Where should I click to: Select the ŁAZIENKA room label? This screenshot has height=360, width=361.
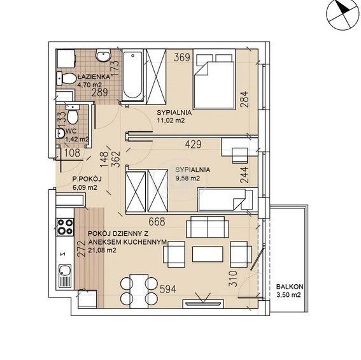tap(94, 76)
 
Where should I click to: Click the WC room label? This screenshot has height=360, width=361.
tap(71, 131)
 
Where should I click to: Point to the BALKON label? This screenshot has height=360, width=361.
tap(290, 287)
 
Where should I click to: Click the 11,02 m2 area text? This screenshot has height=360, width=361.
tap(171, 120)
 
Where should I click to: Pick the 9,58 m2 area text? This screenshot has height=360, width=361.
tap(188, 178)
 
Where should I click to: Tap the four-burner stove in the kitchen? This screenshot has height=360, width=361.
tap(66, 227)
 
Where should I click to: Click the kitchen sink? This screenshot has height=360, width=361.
tap(65, 277)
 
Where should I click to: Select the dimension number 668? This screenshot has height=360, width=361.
tap(157, 222)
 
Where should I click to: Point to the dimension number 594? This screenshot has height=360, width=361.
tap(168, 289)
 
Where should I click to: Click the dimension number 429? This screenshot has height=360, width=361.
tap(193, 144)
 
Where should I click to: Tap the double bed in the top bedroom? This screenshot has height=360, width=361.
tap(214, 79)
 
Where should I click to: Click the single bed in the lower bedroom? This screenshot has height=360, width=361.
tap(228, 199)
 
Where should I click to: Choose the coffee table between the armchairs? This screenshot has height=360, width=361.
tap(208, 254)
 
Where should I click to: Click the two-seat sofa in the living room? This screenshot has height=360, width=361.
tap(208, 227)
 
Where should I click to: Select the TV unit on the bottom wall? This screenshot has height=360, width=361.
tap(203, 304)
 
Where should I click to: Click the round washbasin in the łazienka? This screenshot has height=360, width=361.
tap(103, 55)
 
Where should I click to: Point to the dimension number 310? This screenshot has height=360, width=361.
tap(233, 278)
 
